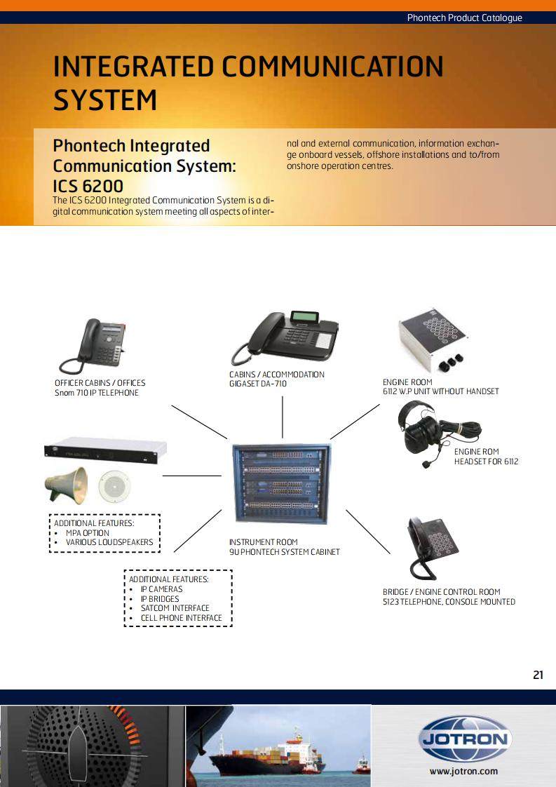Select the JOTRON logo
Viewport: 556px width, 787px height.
click(x=464, y=739)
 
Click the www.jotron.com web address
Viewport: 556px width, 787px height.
click(x=463, y=772)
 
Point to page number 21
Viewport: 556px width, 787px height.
click(x=538, y=675)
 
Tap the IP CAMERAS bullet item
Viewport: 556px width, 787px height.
click(x=161, y=589)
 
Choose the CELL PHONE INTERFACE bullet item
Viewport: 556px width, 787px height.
click(x=181, y=618)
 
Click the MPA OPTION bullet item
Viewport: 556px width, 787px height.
click(x=88, y=533)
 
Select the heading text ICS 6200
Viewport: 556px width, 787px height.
click(x=88, y=187)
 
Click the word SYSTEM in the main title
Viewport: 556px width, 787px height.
click(x=105, y=100)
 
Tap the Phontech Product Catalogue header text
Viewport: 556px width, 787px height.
click(x=464, y=18)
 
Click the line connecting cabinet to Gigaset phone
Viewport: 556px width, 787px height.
click(x=283, y=417)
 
